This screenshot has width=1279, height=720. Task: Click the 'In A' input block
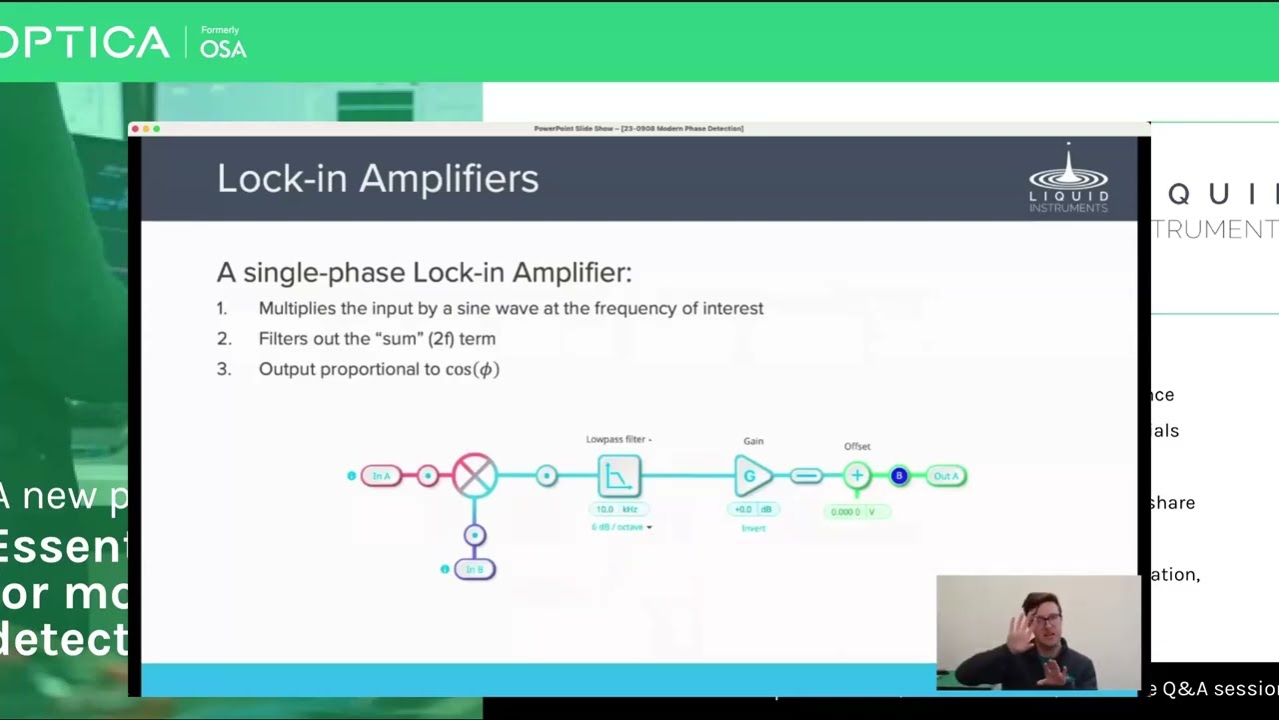pos(381,476)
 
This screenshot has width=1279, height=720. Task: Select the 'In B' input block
pos(475,569)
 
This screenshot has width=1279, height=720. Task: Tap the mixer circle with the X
pos(475,475)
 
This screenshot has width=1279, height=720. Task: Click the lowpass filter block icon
pos(619,476)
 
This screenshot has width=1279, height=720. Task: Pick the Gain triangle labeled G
pos(752,476)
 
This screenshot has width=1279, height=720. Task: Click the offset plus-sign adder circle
pos(856,476)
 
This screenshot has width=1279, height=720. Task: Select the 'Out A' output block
pos(945,476)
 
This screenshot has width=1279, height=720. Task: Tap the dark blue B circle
pos(898,476)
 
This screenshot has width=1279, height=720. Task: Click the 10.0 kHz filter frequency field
pos(618,509)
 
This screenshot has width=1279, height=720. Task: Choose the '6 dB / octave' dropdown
pos(621,527)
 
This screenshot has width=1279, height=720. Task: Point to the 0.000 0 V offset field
pos(856,512)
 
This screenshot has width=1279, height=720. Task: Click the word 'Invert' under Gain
pos(753,528)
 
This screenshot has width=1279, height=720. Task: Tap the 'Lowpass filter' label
pos(617,439)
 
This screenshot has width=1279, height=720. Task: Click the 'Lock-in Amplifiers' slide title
pos(378,179)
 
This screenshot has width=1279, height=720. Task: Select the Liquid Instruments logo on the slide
pos(1068,179)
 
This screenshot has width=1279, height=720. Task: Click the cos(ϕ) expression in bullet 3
pos(472,369)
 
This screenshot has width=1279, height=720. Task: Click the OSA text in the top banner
pos(223,49)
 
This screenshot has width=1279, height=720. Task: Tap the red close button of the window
pos(135,128)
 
